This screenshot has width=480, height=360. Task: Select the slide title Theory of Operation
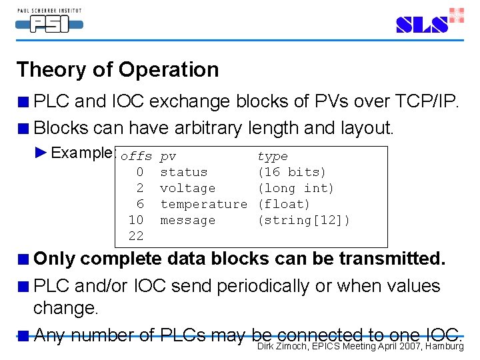tap(117, 69)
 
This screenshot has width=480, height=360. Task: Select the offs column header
tap(136, 157)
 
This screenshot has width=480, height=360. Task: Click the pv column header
tap(168, 157)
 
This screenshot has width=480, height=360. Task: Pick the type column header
tap(273, 157)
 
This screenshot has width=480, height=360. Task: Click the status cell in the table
tap(184, 173)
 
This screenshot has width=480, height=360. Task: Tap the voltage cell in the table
tap(188, 189)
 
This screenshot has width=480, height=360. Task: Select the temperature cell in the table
tap(203, 205)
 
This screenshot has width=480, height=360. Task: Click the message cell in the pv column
tap(188, 221)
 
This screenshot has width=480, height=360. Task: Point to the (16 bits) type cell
tap(292, 173)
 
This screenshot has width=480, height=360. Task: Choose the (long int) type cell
tap(296, 189)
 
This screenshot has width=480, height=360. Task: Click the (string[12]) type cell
tap(304, 221)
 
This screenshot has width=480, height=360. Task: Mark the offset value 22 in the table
tap(136, 237)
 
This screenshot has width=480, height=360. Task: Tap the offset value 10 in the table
tap(136, 221)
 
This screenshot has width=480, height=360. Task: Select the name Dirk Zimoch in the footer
tap(283, 345)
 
